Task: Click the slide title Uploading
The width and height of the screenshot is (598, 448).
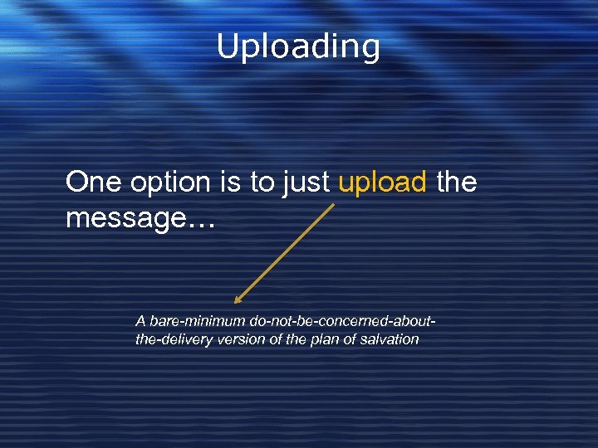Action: coord(298,46)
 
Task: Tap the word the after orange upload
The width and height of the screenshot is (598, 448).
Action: coord(457,182)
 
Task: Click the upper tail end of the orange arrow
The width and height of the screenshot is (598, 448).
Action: coord(334,205)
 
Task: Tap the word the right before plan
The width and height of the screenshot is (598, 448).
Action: coord(297,339)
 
